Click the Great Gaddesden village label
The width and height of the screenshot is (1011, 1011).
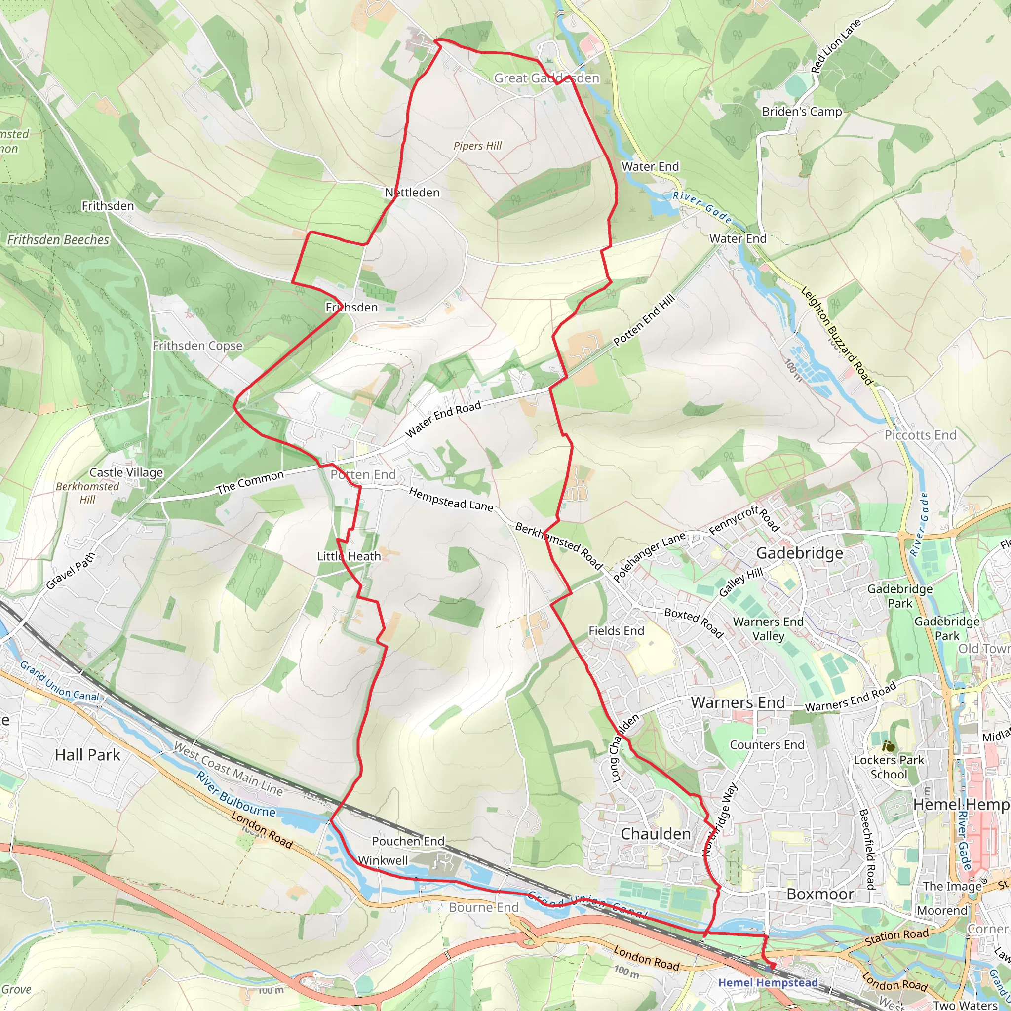pos(546,78)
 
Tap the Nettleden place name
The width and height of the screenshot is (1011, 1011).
pos(412,193)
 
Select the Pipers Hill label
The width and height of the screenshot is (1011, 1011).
pos(477,146)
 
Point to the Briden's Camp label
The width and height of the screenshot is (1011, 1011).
pos(802,112)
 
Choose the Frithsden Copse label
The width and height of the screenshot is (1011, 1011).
pos(198,346)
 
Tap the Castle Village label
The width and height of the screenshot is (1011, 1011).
pos(126,472)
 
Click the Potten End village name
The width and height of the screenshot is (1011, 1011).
pos(363,474)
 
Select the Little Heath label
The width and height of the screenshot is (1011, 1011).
pos(349,556)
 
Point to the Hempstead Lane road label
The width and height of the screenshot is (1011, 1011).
pos(451,499)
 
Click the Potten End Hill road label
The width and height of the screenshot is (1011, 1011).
pos(644,320)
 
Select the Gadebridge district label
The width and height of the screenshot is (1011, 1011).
pos(800,553)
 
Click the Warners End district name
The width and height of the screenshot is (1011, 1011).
pos(738,703)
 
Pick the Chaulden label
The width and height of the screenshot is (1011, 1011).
pos(656,834)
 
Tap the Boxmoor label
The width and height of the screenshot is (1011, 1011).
pos(820,894)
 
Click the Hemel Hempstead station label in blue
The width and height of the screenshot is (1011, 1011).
pos(768,983)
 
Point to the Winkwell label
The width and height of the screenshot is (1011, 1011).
pos(383,861)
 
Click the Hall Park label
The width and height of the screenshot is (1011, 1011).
pos(87,755)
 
